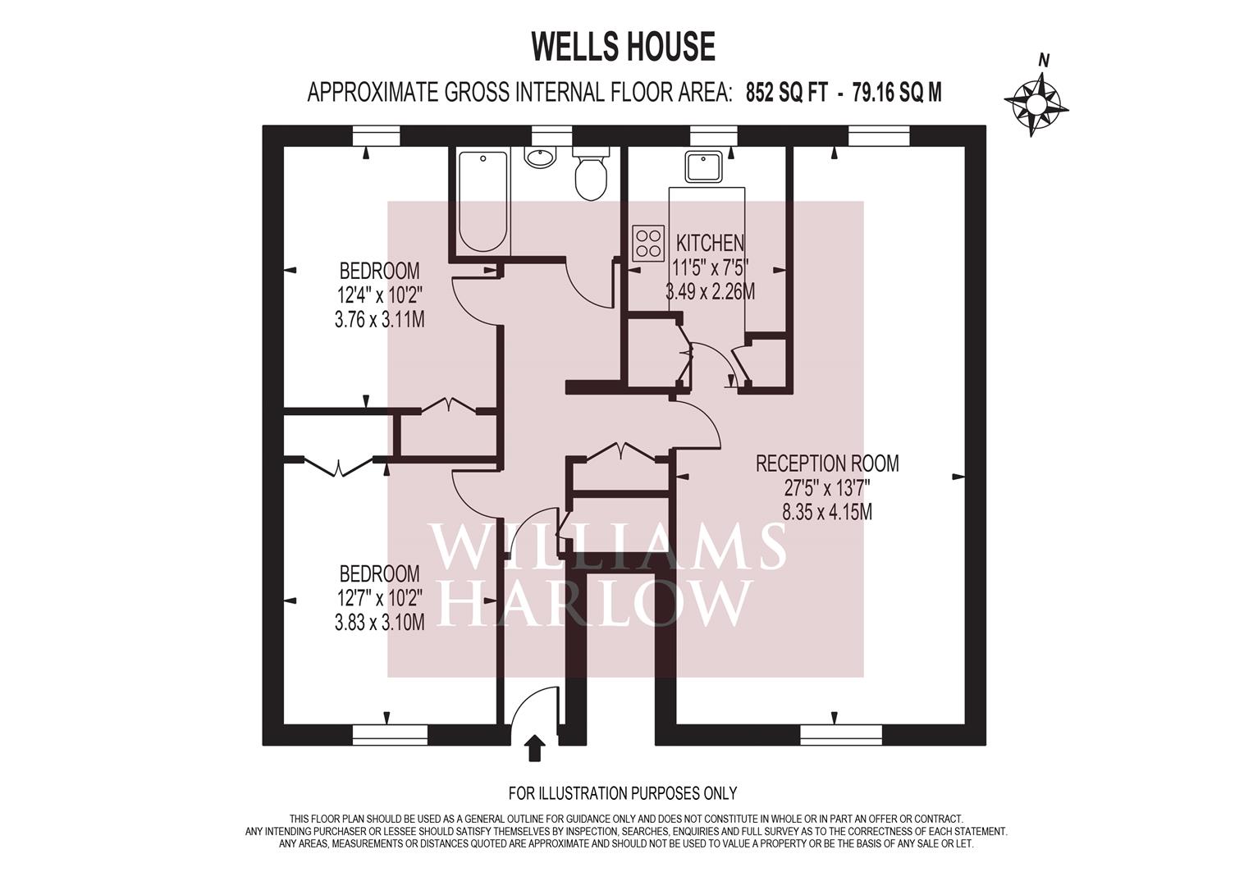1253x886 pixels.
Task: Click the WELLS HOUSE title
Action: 623,47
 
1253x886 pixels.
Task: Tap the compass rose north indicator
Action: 1036,102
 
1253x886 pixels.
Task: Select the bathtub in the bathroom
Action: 482,201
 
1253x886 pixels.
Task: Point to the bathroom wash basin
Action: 540,157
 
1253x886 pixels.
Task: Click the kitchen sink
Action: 705,167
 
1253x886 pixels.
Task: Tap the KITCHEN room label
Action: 710,243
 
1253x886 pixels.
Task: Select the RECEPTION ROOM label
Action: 826,464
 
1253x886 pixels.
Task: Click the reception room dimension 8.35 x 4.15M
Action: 826,513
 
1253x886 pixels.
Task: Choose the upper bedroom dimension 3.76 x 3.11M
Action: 379,319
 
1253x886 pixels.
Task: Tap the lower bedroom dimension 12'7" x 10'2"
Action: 379,598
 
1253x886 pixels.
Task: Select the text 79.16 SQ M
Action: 897,93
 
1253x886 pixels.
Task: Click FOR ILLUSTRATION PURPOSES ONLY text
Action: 623,793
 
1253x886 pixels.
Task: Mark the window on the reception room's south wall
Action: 840,734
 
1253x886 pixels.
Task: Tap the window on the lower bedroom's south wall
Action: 390,734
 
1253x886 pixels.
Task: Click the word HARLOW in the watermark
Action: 593,605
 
